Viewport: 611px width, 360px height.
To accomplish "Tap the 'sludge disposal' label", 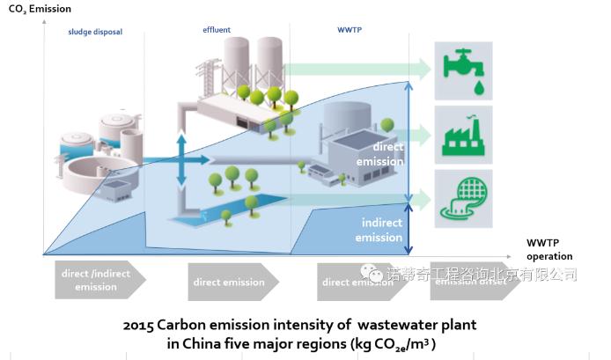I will [x=95, y=32].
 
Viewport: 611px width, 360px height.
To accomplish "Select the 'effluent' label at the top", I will [x=217, y=30].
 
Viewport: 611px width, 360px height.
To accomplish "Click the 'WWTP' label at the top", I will [x=350, y=29].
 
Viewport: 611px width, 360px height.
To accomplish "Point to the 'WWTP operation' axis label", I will [x=548, y=249].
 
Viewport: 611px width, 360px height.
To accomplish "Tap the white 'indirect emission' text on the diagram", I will [x=379, y=230].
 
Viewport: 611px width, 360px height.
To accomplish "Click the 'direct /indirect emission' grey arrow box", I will [x=96, y=279].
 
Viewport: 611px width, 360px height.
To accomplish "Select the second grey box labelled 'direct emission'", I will [x=231, y=283].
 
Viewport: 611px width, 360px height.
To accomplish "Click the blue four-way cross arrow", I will [x=180, y=159].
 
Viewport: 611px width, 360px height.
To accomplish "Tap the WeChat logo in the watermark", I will [x=376, y=276].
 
